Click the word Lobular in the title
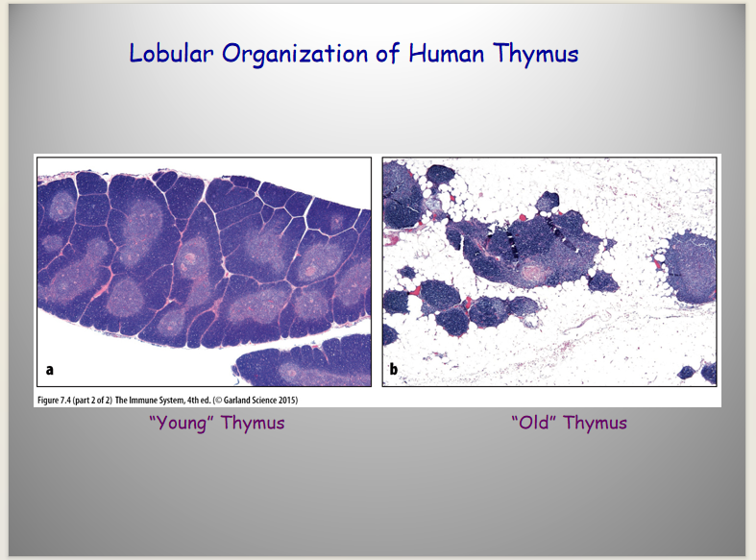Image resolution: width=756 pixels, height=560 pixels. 171,53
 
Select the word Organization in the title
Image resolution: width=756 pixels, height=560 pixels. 295,54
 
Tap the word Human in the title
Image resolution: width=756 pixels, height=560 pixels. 447,53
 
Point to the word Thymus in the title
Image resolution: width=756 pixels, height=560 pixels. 536,54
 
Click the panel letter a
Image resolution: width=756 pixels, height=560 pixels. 50,370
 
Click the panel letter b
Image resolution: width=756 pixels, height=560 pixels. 394,369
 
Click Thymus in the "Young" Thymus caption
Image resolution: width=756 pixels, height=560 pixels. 253,424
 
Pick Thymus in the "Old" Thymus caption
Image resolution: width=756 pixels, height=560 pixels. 595,424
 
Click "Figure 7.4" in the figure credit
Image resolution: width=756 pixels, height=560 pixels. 54,400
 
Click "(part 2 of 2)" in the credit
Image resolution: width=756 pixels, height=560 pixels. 92,400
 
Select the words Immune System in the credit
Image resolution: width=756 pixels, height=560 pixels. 157,400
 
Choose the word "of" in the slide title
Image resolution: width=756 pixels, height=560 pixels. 388,53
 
